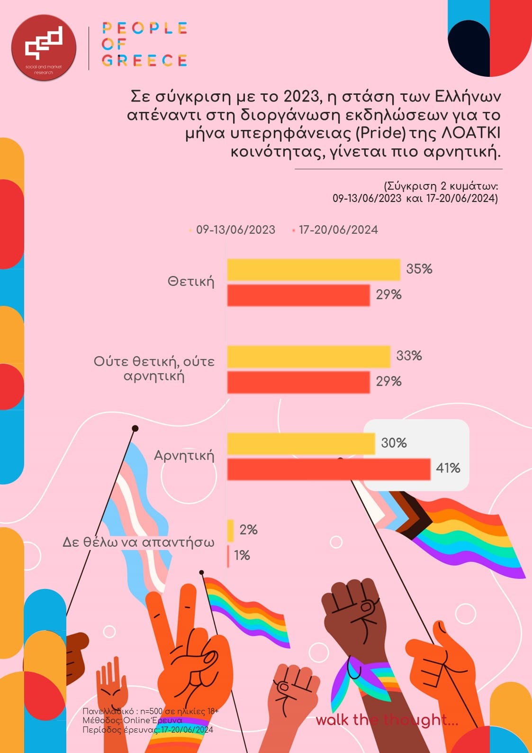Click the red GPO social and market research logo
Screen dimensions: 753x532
click(44, 47)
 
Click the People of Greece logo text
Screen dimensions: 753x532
click(144, 44)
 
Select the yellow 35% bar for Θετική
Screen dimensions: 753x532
click(314, 269)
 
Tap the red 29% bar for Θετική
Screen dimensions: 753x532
click(298, 295)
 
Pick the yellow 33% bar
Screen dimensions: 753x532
click(308, 357)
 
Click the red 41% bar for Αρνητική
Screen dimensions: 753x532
click(329, 469)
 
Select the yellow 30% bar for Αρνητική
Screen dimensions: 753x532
click(301, 443)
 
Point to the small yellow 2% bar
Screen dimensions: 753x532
click(231, 530)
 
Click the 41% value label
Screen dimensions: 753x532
click(448, 468)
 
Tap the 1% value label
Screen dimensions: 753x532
click(242, 555)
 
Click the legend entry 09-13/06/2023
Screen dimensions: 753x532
click(235, 230)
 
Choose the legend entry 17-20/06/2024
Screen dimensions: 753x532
click(338, 230)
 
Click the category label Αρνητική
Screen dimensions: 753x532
click(184, 456)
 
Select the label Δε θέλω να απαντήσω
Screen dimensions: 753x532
click(138, 542)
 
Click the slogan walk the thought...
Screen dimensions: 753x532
click(387, 720)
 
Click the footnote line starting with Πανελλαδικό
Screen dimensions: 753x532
click(150, 711)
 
